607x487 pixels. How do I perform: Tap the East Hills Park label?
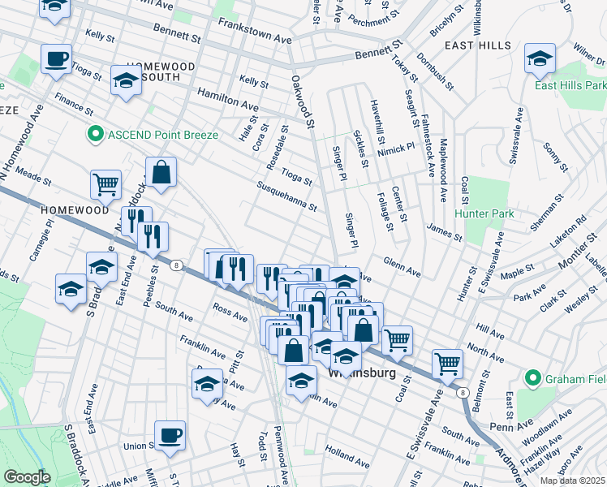pyautogui.click(x=570, y=84)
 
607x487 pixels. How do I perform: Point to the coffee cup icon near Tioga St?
pyautogui.click(x=56, y=59)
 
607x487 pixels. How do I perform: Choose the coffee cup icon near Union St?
pyautogui.click(x=170, y=436)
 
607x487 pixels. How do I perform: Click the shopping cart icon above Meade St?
pyautogui.click(x=105, y=185)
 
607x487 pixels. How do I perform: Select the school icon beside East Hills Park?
pyautogui.click(x=539, y=59)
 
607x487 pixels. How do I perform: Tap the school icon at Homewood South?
pyautogui.click(x=126, y=80)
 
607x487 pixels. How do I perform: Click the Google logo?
pyautogui.click(x=27, y=477)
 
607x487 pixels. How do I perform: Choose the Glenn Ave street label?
pyautogui.click(x=402, y=267)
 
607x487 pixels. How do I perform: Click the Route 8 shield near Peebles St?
pyautogui.click(x=175, y=264)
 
